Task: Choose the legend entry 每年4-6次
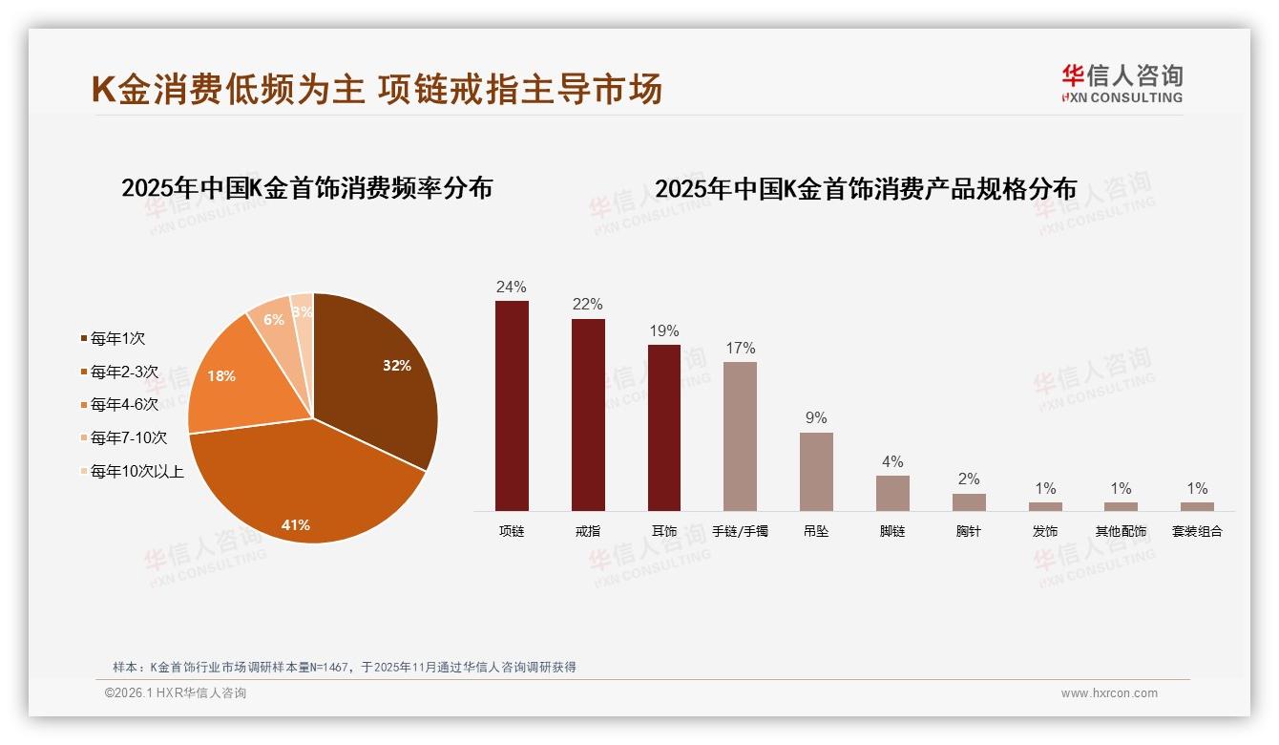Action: click(x=124, y=405)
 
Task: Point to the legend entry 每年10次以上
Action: click(x=136, y=471)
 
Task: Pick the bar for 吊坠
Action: click(x=816, y=472)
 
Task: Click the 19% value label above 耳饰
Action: click(x=663, y=331)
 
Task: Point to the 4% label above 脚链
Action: click(x=892, y=462)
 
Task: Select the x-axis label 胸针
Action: click(x=968, y=531)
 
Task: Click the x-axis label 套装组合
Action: click(x=1197, y=531)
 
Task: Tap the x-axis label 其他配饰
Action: click(x=1121, y=531)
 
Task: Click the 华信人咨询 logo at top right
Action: click(x=1122, y=84)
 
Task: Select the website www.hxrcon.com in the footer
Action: click(x=1109, y=693)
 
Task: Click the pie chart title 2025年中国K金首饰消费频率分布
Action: click(x=306, y=189)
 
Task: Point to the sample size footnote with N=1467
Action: click(x=344, y=668)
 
